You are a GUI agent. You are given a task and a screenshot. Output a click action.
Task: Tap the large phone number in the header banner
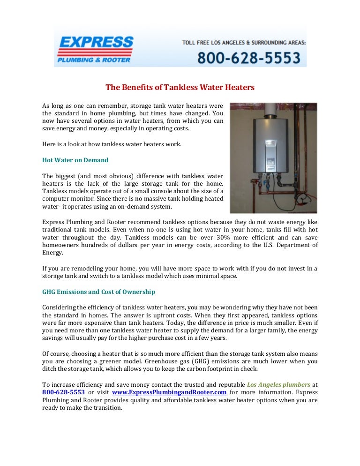tap(248, 58)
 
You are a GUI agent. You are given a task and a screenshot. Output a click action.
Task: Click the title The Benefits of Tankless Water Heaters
tap(180, 87)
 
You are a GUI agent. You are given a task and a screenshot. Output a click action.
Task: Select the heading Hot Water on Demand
tap(75, 160)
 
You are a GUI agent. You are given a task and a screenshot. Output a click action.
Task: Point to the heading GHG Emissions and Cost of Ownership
tap(98, 292)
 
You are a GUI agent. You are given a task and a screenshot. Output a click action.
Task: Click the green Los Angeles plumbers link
tap(278, 383)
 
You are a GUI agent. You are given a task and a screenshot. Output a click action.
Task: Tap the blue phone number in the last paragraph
tap(63, 392)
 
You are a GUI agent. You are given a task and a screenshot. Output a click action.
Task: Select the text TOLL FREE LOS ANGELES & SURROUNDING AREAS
tap(244, 42)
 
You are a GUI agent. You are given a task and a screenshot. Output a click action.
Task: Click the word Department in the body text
tap(298, 245)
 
